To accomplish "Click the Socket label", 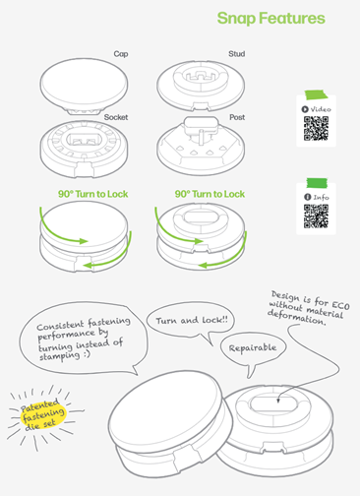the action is (117, 117).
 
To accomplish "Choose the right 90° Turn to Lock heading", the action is (210, 194).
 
